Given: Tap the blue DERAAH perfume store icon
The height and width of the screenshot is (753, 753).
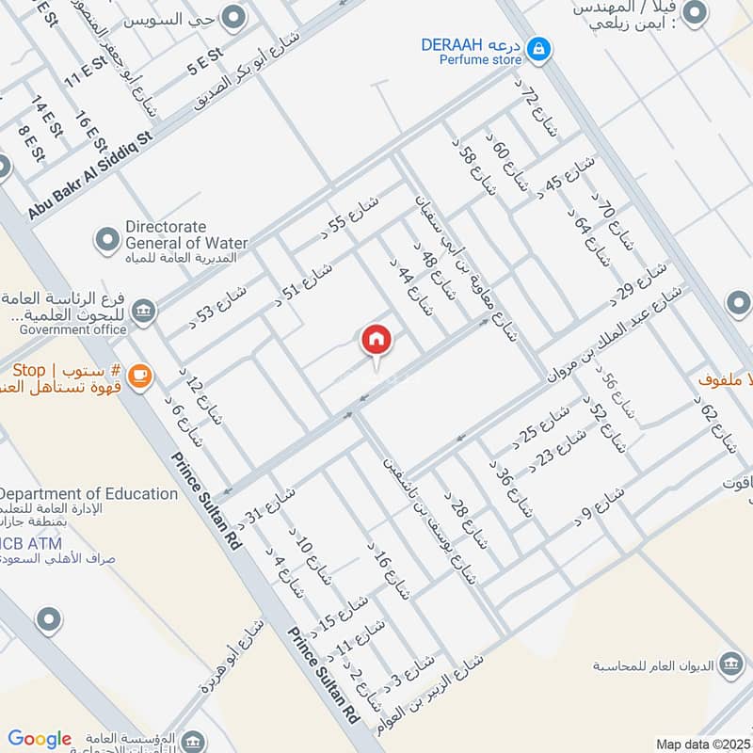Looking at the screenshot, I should (538, 47).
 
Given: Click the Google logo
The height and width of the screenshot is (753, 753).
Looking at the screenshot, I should (40, 739).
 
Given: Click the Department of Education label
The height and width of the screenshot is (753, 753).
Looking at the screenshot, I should (88, 493).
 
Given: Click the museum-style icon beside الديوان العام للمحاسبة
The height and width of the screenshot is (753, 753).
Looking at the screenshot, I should (729, 665).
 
